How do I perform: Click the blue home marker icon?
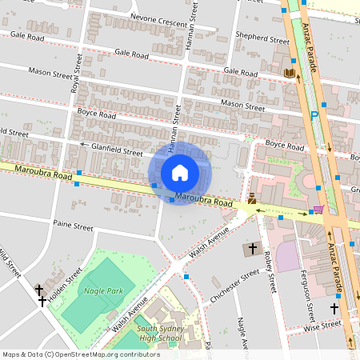coord(180,173)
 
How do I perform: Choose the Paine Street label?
coord(73,226)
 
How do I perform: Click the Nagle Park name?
coord(103,291)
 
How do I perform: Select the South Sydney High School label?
coord(160,333)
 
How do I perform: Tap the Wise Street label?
coord(322,325)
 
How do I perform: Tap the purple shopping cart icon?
coord(319,210)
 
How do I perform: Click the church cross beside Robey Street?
coord(253,249)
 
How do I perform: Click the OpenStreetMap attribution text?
coord(81,354)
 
